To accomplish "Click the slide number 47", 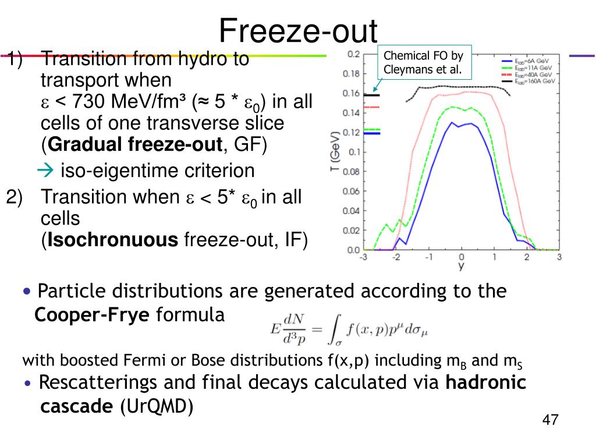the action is [551, 420].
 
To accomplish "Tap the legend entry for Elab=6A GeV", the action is [526, 61].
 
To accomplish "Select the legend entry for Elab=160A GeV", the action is [528, 81].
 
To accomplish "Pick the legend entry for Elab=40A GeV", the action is [527, 74].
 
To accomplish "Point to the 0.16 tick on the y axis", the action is [352, 94].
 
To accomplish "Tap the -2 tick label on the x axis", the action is [396, 257].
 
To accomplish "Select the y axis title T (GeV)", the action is [335, 151].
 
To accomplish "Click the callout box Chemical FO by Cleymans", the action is [424, 62].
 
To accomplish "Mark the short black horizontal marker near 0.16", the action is [372, 95].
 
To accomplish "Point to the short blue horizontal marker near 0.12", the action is [372, 133].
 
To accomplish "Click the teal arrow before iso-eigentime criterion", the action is [45, 171].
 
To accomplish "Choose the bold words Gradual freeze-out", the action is [135, 144].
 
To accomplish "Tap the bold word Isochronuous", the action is [112, 240].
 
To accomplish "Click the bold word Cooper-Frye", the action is [91, 315].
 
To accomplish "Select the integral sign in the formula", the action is [335, 329].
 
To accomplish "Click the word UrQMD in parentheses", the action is [156, 406].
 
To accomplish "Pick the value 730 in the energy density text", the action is [88, 101].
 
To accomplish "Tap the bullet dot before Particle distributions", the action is [27, 292].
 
